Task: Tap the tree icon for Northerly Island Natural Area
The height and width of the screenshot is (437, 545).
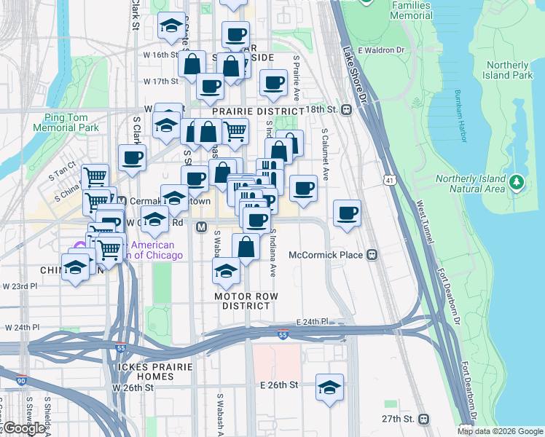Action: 517,181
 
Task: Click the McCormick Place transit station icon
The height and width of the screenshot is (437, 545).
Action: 372,255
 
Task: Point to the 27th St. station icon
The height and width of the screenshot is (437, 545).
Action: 423,419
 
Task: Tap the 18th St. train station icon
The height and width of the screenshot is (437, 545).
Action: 347,109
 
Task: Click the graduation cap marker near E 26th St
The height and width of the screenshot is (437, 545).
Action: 329,387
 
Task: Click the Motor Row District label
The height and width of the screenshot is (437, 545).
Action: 246,301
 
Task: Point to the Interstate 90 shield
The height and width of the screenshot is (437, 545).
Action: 20,380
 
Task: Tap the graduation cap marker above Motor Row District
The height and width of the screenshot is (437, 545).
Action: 227,272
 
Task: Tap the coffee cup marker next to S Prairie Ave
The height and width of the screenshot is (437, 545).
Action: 273,84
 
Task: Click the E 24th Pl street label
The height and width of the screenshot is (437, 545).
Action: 314,321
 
